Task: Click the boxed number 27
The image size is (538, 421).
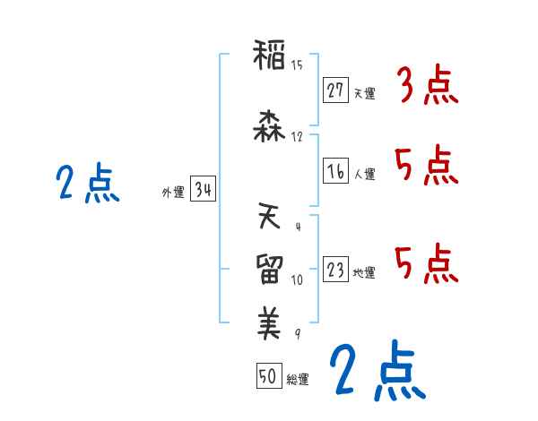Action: pos(335,90)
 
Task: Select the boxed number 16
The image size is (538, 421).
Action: pos(335,171)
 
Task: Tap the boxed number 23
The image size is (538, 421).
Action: pos(335,270)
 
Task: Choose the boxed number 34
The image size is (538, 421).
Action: pos(203,189)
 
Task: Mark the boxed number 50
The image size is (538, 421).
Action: pos(267,376)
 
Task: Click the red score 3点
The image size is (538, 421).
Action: pos(427,87)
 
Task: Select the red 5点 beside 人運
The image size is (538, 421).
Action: pos(427,166)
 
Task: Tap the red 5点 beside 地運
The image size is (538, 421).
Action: pos(427,262)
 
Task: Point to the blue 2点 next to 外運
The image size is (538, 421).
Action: pos(87,184)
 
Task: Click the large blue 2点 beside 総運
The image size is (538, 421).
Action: pos(376,370)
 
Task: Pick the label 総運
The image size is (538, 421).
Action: pos(299,380)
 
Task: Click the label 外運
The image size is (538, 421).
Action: pos(171,191)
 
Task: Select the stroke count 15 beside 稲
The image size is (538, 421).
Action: pos(298,65)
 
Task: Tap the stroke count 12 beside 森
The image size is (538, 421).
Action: pos(298,137)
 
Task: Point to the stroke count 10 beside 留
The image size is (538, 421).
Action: pos(297,280)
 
